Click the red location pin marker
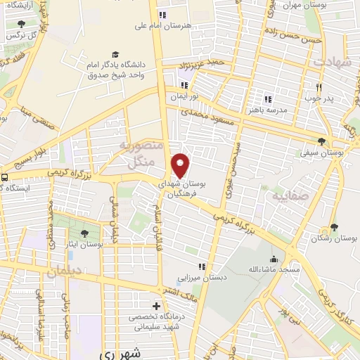pyautogui.click(x=181, y=165)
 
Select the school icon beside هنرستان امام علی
pyautogui.click(x=162, y=14)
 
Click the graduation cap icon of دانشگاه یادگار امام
pyautogui.click(x=115, y=54)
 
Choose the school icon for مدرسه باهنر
pyautogui.click(x=266, y=98)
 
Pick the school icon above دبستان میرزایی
pyautogui.click(x=202, y=266)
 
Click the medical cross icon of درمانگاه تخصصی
pyautogui.click(x=157, y=306)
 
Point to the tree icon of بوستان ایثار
pyautogui.click(x=85, y=233)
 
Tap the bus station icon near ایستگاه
pyautogui.click(x=5, y=178)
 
